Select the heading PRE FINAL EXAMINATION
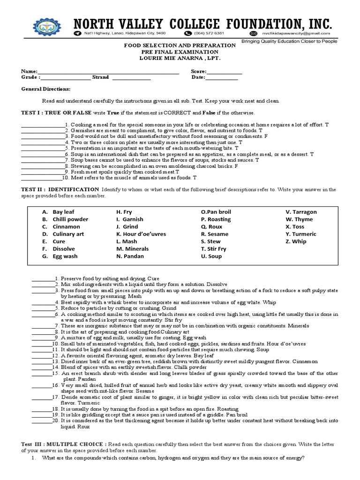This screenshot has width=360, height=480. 180,52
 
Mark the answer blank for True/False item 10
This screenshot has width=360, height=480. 41,178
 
